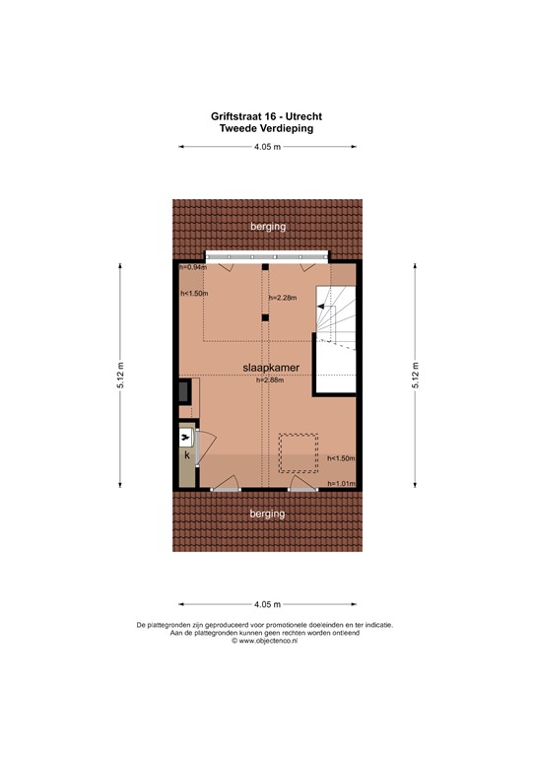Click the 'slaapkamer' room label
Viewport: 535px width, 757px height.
coord(271,367)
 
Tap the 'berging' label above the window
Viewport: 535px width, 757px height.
coord(268,227)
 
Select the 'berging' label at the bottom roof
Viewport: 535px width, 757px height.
coord(267,514)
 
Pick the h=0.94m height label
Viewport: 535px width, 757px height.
coord(193,267)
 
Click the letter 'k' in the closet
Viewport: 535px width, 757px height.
coord(185,455)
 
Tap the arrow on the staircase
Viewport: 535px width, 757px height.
coord(322,308)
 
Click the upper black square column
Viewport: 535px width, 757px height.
coord(264,267)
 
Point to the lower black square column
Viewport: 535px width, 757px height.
coord(264,317)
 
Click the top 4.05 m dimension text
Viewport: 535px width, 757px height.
coord(267,147)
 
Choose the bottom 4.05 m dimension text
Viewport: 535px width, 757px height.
coord(267,604)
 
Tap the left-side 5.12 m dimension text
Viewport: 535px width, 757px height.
coord(120,376)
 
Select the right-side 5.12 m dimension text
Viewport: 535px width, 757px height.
coord(415,376)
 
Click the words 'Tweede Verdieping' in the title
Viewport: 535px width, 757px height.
coord(267,127)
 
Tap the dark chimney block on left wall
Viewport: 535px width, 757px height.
coord(184,391)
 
